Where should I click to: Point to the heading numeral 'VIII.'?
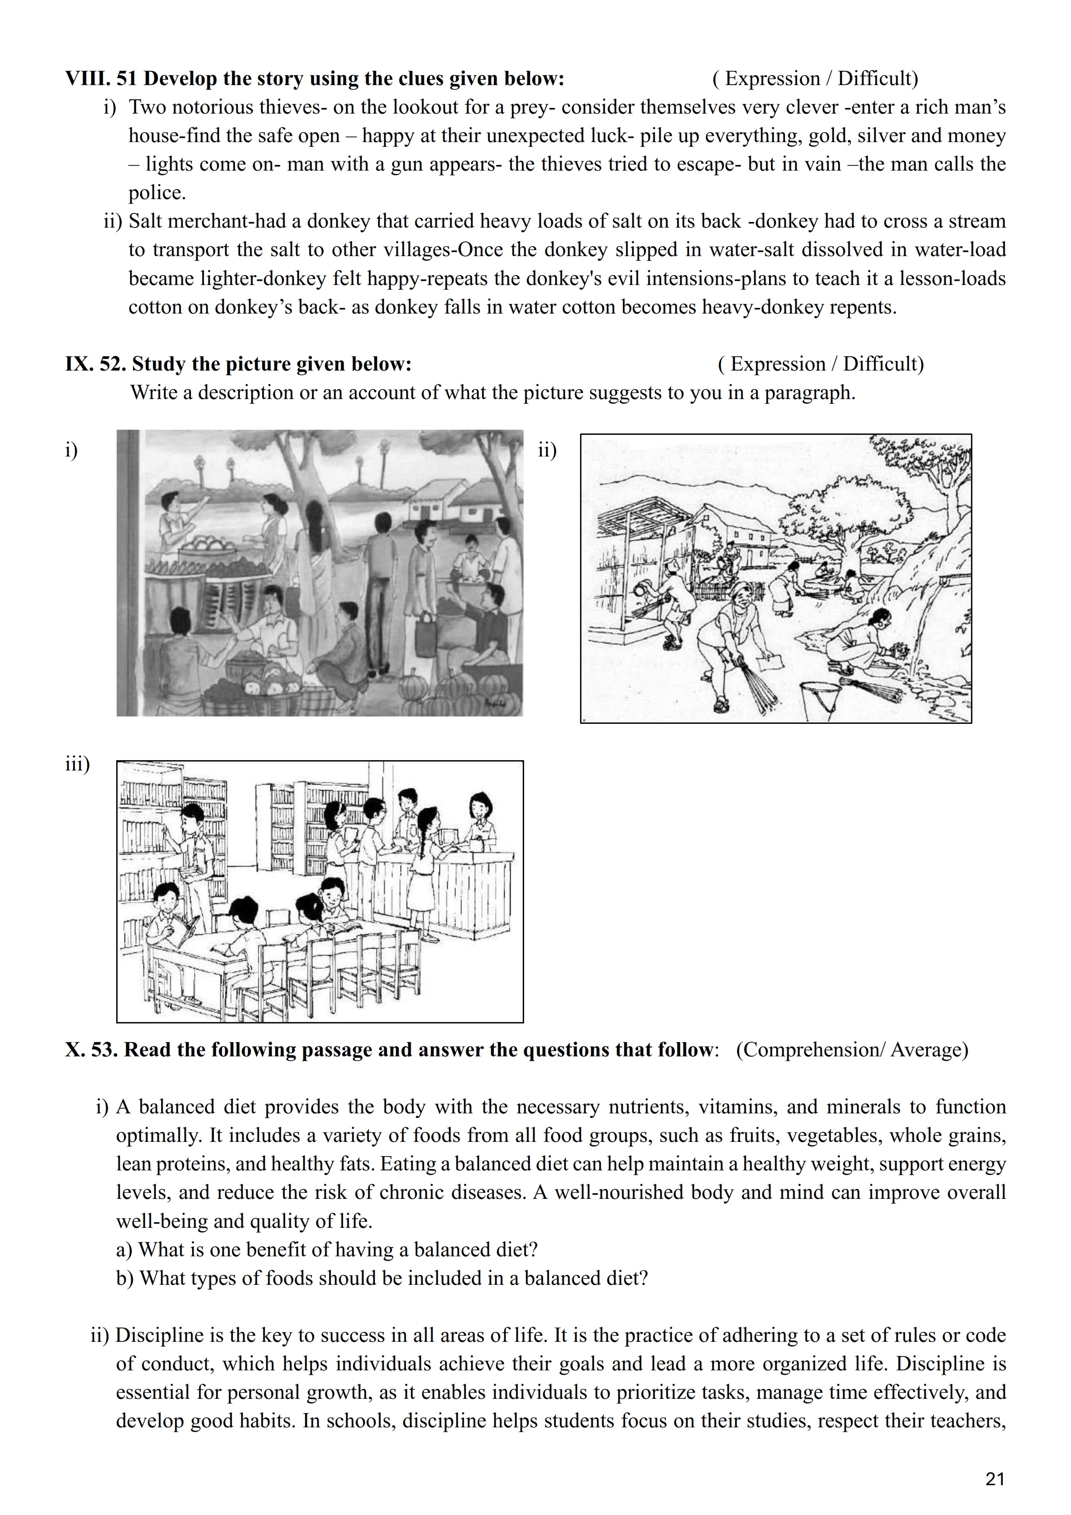(88, 79)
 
